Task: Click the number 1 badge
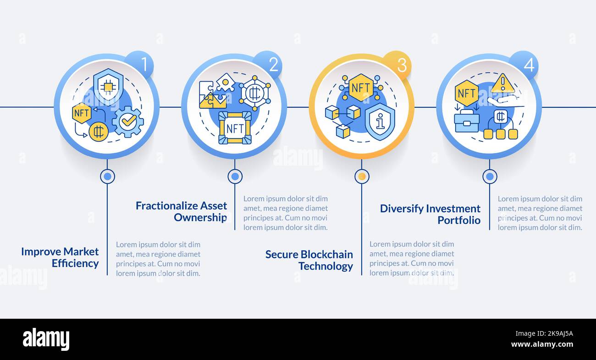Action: [139, 64]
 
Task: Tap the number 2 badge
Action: [268, 64]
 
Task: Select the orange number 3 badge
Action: [397, 65]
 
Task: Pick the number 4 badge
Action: [524, 65]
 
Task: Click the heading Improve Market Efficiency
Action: [60, 257]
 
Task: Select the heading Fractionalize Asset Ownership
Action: [182, 211]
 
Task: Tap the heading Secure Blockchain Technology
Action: [309, 260]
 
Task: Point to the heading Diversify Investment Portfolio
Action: [430, 214]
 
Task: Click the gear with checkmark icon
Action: [128, 122]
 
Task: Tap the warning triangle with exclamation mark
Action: [502, 83]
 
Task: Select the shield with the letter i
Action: [380, 122]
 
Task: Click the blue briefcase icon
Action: [467, 122]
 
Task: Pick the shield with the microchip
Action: [108, 85]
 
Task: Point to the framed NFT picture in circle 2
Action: [235, 128]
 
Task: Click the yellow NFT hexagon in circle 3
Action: [361, 88]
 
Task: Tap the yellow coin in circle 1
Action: [99, 132]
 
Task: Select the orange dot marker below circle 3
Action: [362, 177]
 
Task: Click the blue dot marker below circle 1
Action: [107, 177]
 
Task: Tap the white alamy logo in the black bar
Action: [46, 339]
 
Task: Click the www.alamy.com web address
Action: [542, 344]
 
